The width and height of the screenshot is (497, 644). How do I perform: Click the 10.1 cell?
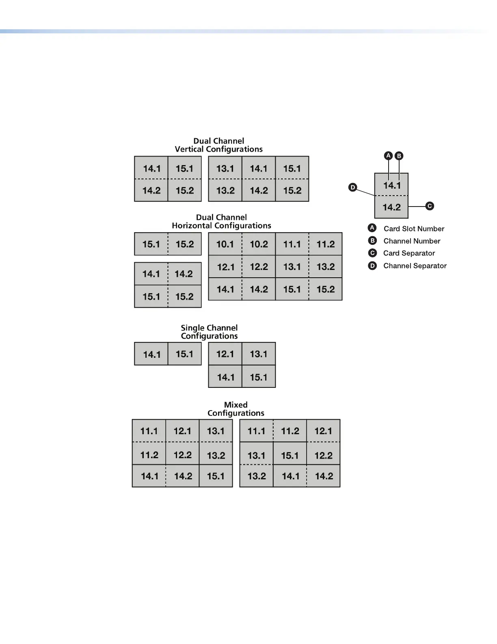[225, 244]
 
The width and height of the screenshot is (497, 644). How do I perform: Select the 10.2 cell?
[259, 244]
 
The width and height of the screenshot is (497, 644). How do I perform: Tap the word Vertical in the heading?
[189, 149]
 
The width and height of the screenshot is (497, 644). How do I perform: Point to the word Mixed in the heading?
[236, 405]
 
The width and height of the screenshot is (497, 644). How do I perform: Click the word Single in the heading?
[193, 328]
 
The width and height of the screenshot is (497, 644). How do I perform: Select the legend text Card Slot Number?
[414, 228]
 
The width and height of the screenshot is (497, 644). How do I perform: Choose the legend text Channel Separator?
[415, 266]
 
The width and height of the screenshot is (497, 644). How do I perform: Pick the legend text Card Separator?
[409, 253]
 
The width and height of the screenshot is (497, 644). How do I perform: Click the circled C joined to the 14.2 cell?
[430, 206]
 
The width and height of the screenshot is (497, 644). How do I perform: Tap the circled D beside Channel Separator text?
[372, 266]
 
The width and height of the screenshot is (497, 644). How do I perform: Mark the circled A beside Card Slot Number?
[372, 228]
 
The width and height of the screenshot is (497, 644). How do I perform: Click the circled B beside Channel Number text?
[372, 241]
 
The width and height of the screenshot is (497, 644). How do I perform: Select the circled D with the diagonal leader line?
[353, 187]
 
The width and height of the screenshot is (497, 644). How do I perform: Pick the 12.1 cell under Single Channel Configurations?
[225, 354]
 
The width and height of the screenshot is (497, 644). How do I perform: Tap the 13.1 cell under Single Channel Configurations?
[259, 354]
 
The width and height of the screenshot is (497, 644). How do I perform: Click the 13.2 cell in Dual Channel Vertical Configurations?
[225, 191]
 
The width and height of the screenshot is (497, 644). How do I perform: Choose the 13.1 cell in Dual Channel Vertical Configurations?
[225, 169]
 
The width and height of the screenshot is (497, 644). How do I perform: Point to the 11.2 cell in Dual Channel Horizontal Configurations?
[326, 244]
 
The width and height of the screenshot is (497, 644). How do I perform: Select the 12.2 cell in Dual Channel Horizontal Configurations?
[259, 267]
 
